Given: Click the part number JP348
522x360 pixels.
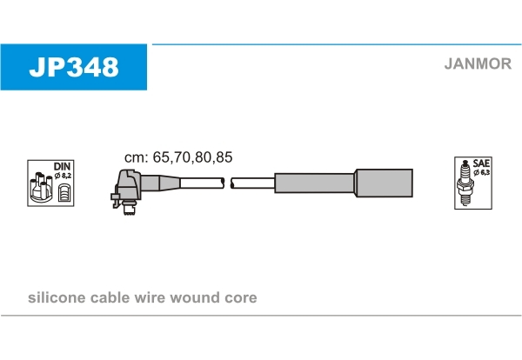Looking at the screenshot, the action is coord(74,67).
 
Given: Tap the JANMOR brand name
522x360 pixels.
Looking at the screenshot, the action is coord(478,63).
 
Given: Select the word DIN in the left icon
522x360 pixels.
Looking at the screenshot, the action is coord(63,166).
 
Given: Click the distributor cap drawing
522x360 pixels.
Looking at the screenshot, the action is coord(41,187).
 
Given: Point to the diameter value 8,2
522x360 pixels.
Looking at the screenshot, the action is coord(66,176).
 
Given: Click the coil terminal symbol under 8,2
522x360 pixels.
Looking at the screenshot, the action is coord(64,192).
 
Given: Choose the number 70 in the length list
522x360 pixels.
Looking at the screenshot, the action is coord(182,157).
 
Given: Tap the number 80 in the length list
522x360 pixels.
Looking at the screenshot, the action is coord(203,157).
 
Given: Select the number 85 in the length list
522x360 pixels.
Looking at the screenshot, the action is coord(224,157).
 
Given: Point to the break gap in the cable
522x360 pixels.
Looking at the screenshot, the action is coord(227,183).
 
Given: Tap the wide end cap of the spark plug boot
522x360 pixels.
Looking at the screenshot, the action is coord(384,183).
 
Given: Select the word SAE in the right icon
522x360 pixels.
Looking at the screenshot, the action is coord(481,163).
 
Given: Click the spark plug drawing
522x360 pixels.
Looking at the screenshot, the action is coord(465,183).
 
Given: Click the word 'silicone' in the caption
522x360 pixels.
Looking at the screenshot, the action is coord(57,297).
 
